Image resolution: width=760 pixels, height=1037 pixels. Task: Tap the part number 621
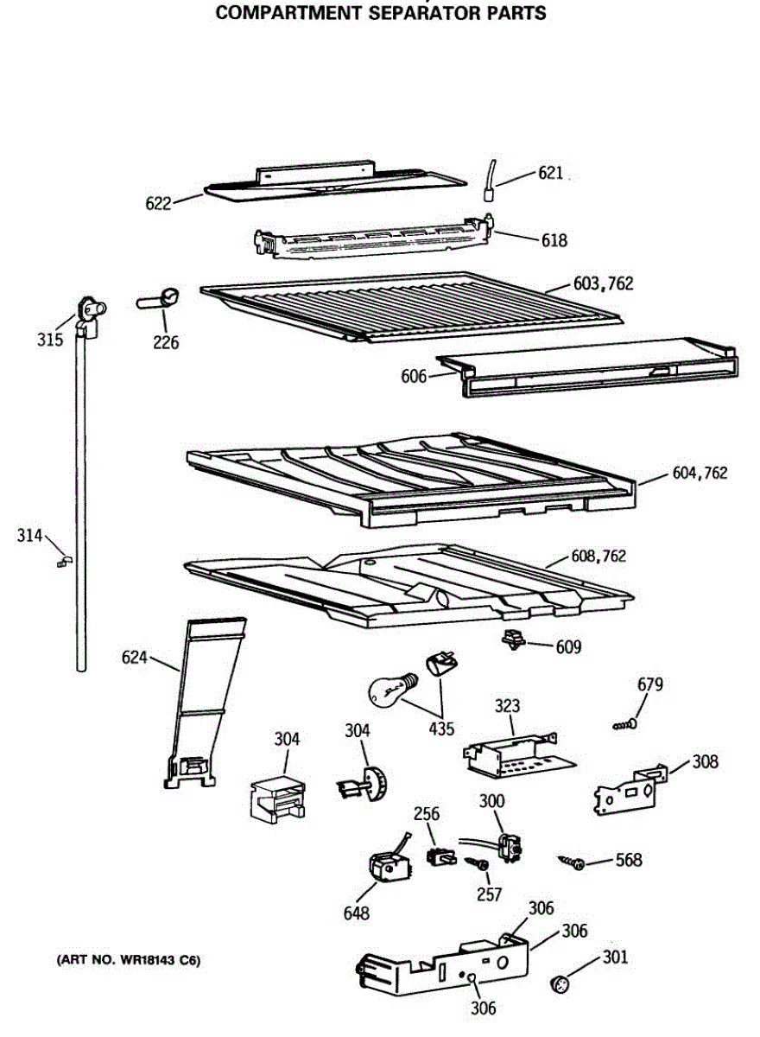[550, 174]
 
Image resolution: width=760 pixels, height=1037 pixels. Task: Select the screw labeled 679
[625, 724]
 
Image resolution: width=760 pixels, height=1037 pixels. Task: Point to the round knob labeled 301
[560, 983]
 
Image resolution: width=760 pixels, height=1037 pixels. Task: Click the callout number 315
[50, 340]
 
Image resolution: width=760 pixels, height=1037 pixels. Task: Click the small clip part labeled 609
[514, 641]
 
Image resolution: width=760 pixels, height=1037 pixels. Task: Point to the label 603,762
[603, 283]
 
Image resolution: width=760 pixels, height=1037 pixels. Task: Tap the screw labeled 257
[475, 862]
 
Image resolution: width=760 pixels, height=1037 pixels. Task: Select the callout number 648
[356, 913]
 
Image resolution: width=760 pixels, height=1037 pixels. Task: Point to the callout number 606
[414, 377]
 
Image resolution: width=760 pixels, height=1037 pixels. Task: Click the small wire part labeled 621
[490, 179]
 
